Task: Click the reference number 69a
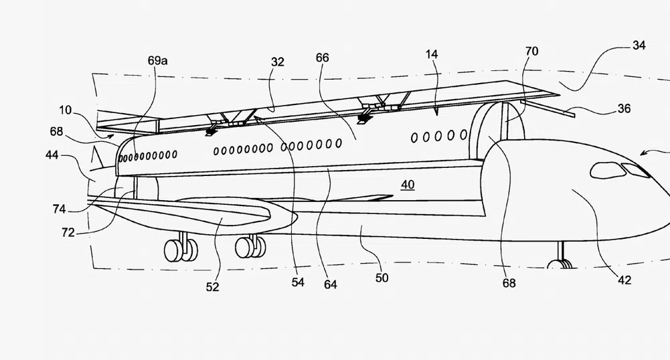157,60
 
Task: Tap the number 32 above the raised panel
278,62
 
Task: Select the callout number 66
322,58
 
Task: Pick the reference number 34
639,46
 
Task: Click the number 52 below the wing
213,287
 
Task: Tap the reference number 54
298,282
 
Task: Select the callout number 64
330,284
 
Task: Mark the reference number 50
382,277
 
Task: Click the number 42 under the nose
624,281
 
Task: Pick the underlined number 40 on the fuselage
408,185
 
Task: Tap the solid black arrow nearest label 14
365,118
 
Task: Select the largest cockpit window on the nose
608,171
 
